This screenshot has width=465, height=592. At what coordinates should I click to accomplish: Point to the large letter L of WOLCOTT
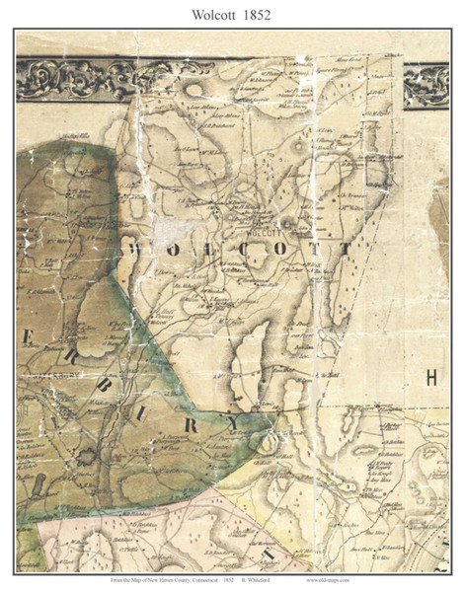[196, 251]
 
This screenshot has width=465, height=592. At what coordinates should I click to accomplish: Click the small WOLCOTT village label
[260, 236]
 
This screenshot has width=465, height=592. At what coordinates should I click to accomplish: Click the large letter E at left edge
[29, 337]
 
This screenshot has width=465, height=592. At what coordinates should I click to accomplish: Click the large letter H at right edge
[430, 376]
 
